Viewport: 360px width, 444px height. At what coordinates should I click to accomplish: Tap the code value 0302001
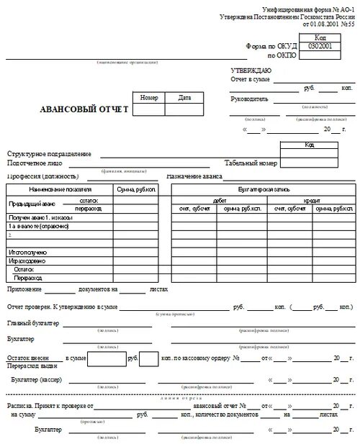[322, 45]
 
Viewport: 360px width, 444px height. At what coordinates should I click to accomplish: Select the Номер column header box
[148, 97]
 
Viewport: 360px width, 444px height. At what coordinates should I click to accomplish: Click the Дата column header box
[184, 97]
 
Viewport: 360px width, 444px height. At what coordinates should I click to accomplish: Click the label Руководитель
[249, 99]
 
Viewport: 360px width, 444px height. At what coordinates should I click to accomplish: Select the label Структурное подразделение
[50, 154]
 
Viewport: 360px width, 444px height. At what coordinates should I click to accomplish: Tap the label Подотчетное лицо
[36, 163]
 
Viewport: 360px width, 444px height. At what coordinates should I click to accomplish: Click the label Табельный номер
[250, 163]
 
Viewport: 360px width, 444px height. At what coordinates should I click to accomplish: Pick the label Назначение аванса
[194, 176]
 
